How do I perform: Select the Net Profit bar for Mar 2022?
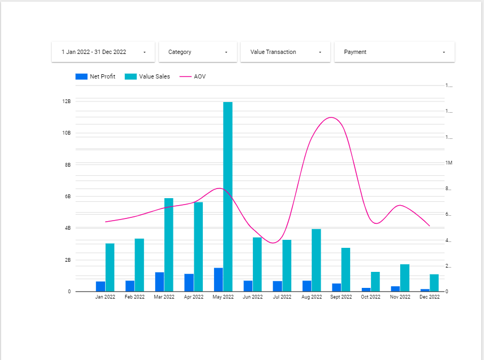(160, 282)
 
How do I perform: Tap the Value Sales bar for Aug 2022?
(316, 260)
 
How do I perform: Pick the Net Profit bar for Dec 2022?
(425, 290)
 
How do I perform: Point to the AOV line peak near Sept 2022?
(332, 118)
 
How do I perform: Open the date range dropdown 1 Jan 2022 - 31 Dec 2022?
(103, 52)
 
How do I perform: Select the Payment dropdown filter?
(394, 52)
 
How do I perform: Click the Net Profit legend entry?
(96, 76)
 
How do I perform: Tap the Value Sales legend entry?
(148, 76)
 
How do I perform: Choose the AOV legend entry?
(193, 76)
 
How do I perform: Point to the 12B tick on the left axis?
(67, 101)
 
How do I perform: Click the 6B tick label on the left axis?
(67, 197)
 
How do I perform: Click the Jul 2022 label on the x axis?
(282, 297)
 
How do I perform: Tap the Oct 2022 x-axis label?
(370, 297)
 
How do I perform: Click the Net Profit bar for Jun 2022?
(248, 286)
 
